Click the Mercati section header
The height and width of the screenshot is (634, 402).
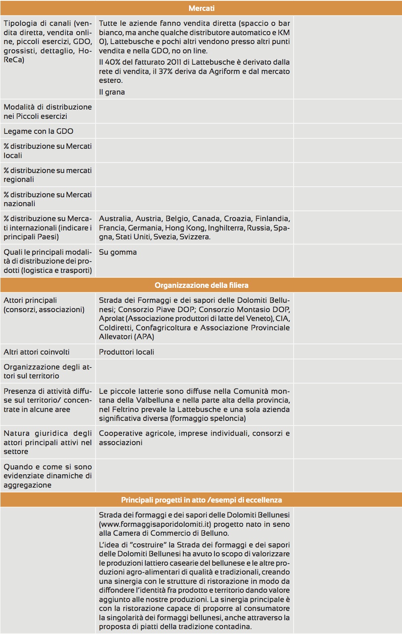(201, 8)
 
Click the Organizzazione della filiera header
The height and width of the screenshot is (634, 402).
(201, 285)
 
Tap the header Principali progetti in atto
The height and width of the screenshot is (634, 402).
(201, 500)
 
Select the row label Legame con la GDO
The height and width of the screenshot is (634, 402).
(38, 131)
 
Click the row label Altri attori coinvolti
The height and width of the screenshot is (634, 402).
(36, 352)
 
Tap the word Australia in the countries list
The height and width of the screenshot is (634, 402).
(115, 218)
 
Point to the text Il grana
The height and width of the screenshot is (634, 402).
(112, 92)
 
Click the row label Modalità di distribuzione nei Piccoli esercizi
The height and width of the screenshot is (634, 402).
(47, 111)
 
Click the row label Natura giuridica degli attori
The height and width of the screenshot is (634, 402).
(47, 442)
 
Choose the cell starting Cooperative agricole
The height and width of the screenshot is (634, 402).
(194, 437)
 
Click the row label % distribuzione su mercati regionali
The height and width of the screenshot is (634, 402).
(47, 175)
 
